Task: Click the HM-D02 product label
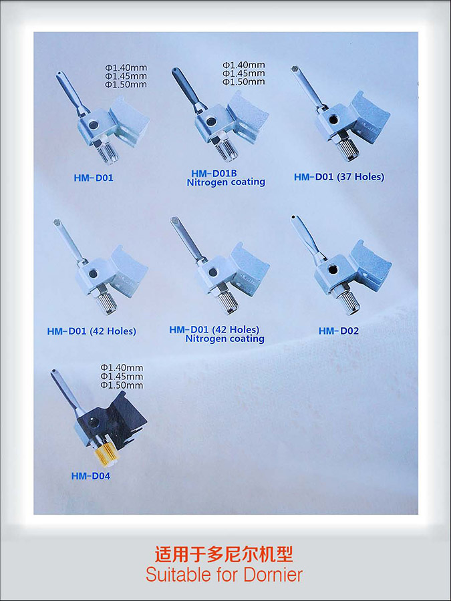339,331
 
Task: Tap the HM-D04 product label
90,476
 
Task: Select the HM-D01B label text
214,174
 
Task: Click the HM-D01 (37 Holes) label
339,177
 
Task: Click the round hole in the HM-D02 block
333,270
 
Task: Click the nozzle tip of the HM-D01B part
175,71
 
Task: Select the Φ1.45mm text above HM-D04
122,377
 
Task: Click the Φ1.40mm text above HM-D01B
244,65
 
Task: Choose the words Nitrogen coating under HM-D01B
226,182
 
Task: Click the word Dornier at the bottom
273,575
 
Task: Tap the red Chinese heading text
224,554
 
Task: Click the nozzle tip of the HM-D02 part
293,218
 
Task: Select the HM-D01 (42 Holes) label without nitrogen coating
92,331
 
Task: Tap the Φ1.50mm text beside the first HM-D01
126,84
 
